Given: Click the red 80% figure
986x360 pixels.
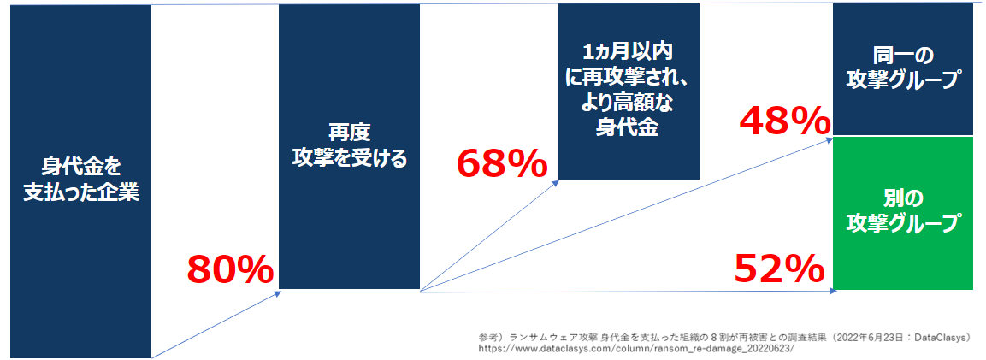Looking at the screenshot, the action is pyautogui.click(x=230, y=270).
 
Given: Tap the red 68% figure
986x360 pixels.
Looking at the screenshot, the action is pyautogui.click(x=502, y=164).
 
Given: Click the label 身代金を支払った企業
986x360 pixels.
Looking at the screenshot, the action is pyautogui.click(x=81, y=180).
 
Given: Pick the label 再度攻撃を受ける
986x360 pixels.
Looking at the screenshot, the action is pyautogui.click(x=350, y=145).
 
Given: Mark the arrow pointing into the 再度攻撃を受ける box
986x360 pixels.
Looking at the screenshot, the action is pyautogui.click(x=216, y=324).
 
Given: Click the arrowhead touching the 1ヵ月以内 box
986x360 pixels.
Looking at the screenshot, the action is pyautogui.click(x=555, y=183).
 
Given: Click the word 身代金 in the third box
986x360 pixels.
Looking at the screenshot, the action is pyautogui.click(x=629, y=127).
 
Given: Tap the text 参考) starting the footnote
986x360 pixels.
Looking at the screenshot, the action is pyautogui.click(x=493, y=335).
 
